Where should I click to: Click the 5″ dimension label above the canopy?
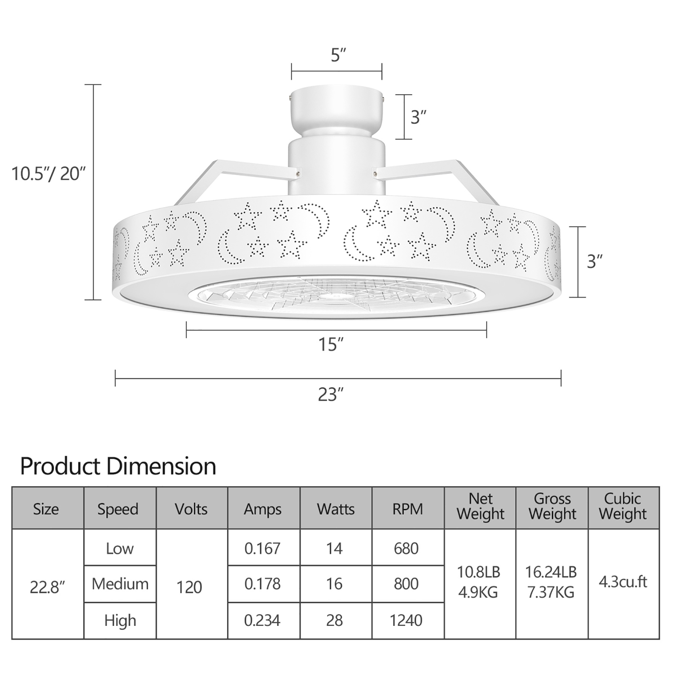[338, 55]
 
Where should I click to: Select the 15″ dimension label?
[331, 345]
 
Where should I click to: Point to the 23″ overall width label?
[331, 394]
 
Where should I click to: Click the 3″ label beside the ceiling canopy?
[418, 117]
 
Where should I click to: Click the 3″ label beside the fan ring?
[594, 261]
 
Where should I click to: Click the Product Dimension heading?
[118, 466]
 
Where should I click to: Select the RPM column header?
[407, 509]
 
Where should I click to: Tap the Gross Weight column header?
[552, 506]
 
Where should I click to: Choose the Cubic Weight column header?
[623, 506]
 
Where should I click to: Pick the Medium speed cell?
[120, 584]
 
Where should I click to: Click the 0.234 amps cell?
[262, 621]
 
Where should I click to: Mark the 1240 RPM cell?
[406, 621]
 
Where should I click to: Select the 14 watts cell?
[335, 548]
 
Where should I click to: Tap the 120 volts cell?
[189, 587]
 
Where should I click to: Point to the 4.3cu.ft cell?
[623, 582]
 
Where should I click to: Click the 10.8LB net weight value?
[478, 572]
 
